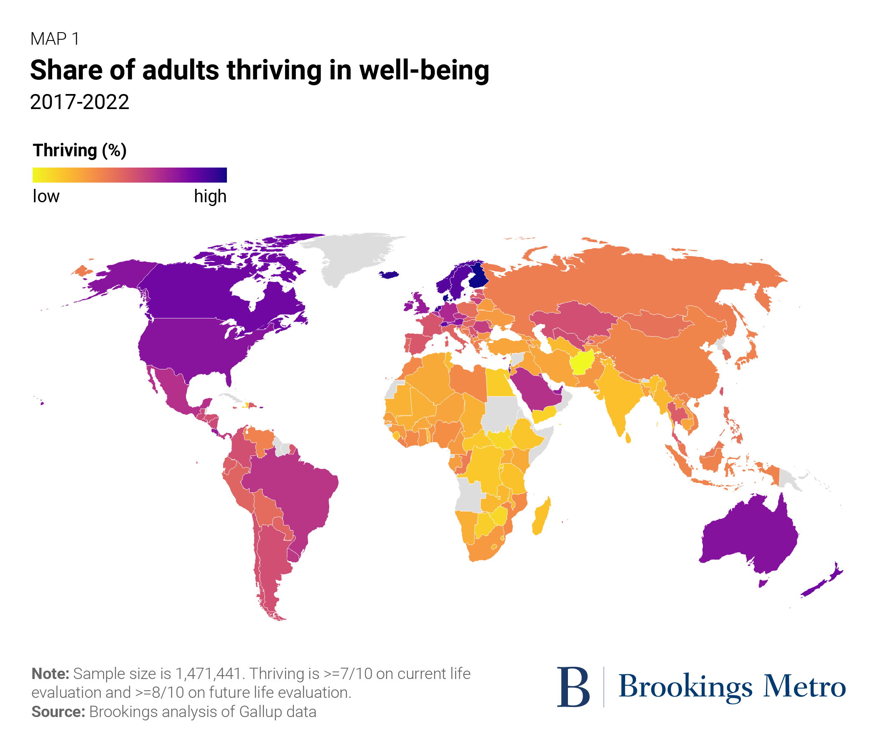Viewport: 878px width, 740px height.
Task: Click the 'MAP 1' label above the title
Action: point(54,39)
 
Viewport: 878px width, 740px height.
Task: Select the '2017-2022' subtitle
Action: point(79,102)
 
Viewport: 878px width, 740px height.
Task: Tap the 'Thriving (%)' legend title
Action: point(80,150)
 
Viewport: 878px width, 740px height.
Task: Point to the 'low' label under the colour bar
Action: point(46,196)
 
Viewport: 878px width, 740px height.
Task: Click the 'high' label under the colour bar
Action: point(210,196)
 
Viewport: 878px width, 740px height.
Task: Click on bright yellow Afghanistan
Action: point(583,361)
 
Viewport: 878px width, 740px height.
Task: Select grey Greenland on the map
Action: point(352,256)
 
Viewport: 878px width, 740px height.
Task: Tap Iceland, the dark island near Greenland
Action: point(389,275)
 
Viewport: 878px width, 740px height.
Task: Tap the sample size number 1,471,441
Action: point(208,674)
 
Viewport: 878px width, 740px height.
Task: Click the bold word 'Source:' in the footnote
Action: point(59,712)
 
